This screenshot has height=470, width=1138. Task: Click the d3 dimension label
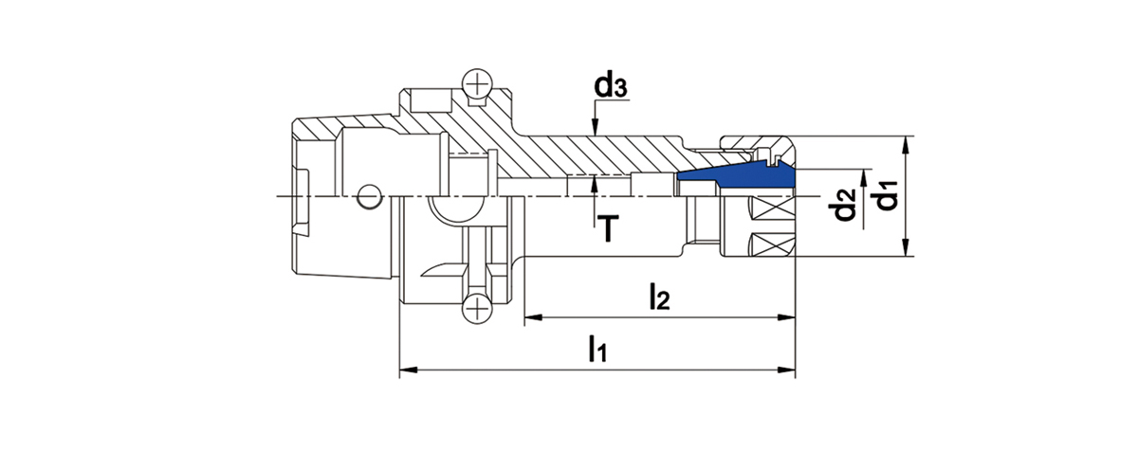coord(610,86)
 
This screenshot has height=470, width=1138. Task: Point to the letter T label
coord(609,226)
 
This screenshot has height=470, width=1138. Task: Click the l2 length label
coord(659,298)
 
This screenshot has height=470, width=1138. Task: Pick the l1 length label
coord(596,350)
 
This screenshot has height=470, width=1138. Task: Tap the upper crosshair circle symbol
coord(477,84)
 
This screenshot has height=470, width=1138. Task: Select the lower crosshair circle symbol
coord(477,306)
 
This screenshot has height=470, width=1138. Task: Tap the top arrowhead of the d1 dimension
coord(908,142)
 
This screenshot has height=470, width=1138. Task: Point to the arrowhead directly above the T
coord(595,183)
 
